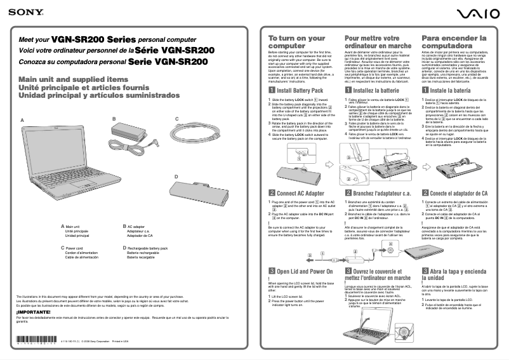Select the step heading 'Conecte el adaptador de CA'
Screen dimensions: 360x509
coord(458,192)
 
